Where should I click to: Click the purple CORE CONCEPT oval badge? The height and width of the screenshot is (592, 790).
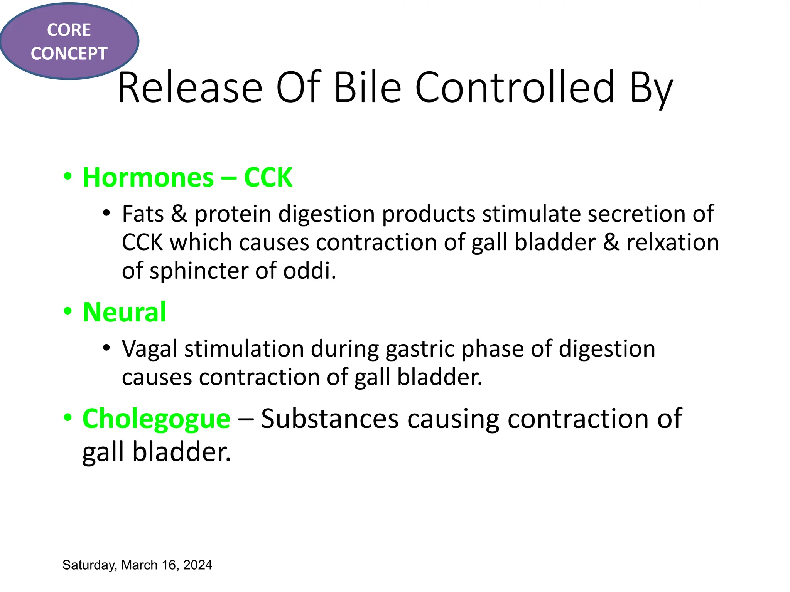pyautogui.click(x=69, y=41)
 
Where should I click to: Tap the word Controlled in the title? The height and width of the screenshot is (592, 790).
pyautogui.click(x=515, y=88)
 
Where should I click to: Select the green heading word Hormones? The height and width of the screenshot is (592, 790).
pyautogui.click(x=148, y=178)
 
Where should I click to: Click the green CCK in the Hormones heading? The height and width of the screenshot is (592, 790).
pyautogui.click(x=268, y=178)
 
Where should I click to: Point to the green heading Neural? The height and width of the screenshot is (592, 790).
pyautogui.click(x=124, y=312)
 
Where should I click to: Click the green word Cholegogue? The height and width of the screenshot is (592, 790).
pyautogui.click(x=156, y=419)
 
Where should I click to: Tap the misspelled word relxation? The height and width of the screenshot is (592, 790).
pyautogui.click(x=673, y=242)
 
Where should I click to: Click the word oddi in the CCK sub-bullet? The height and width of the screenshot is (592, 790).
pyautogui.click(x=309, y=271)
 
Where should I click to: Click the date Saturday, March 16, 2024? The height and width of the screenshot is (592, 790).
pyautogui.click(x=137, y=565)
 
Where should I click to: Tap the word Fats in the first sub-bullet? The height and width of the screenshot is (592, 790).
pyautogui.click(x=143, y=214)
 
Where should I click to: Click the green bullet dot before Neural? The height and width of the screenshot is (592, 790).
pyautogui.click(x=68, y=311)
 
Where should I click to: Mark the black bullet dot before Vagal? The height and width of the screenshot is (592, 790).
pyautogui.click(x=107, y=348)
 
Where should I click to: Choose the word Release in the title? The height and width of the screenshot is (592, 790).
pyautogui.click(x=190, y=88)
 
